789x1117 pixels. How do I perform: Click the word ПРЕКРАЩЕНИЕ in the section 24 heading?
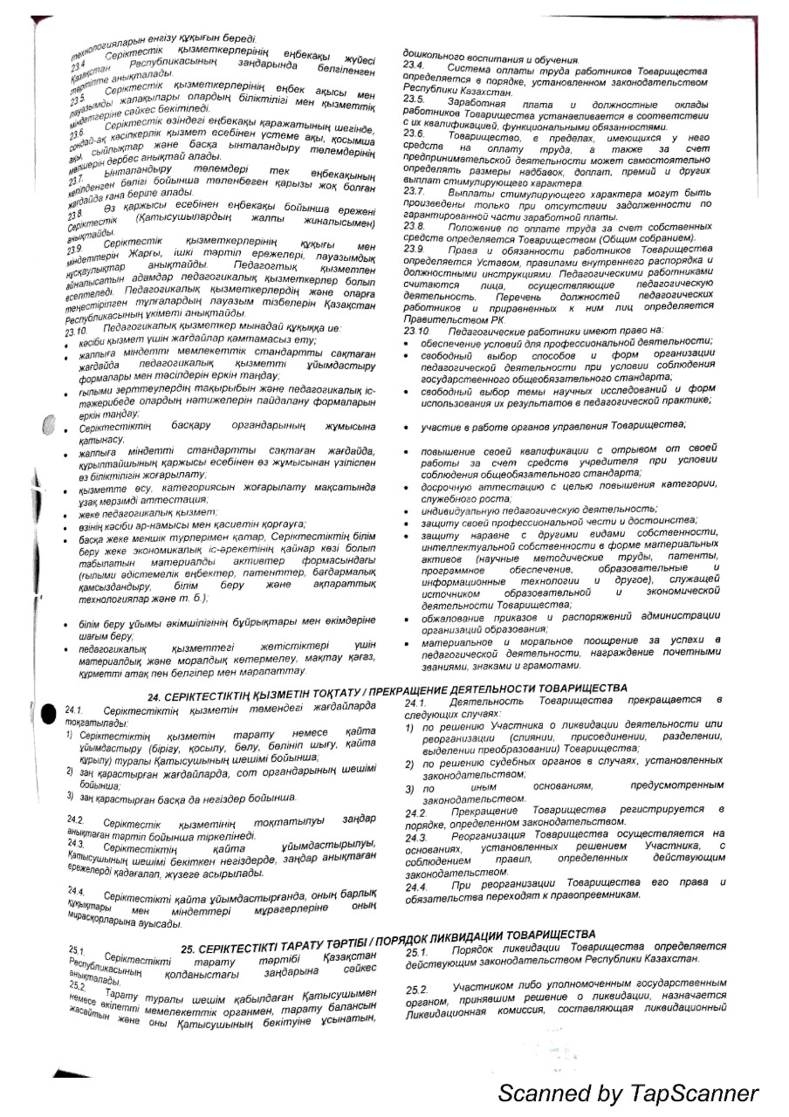coord(417,689)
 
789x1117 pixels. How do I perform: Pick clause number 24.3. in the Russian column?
coord(415,837)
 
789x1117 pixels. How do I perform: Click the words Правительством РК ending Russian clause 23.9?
coord(447,319)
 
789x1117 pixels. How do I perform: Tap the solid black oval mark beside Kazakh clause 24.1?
coord(48,713)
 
